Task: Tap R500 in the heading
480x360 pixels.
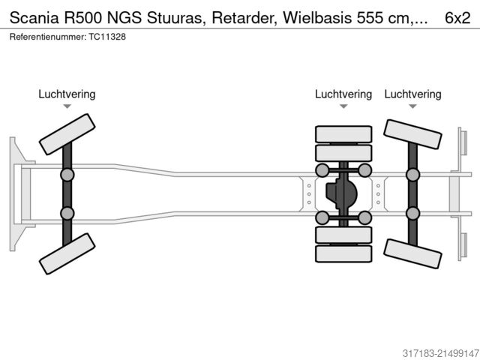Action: (x=87, y=16)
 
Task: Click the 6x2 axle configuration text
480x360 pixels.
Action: (x=459, y=16)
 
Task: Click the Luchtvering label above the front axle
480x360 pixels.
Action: (x=67, y=94)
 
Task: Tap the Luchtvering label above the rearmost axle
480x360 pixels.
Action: (x=412, y=94)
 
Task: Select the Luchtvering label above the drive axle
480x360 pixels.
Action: (x=343, y=94)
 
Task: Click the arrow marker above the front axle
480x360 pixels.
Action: (x=67, y=107)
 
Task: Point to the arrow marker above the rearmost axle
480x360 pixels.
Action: (x=412, y=107)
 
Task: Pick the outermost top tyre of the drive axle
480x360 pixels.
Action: (x=343, y=135)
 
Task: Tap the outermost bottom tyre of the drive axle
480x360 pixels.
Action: (x=343, y=254)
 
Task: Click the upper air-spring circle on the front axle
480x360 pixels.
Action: (x=67, y=175)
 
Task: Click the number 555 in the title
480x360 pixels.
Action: (x=379, y=16)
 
